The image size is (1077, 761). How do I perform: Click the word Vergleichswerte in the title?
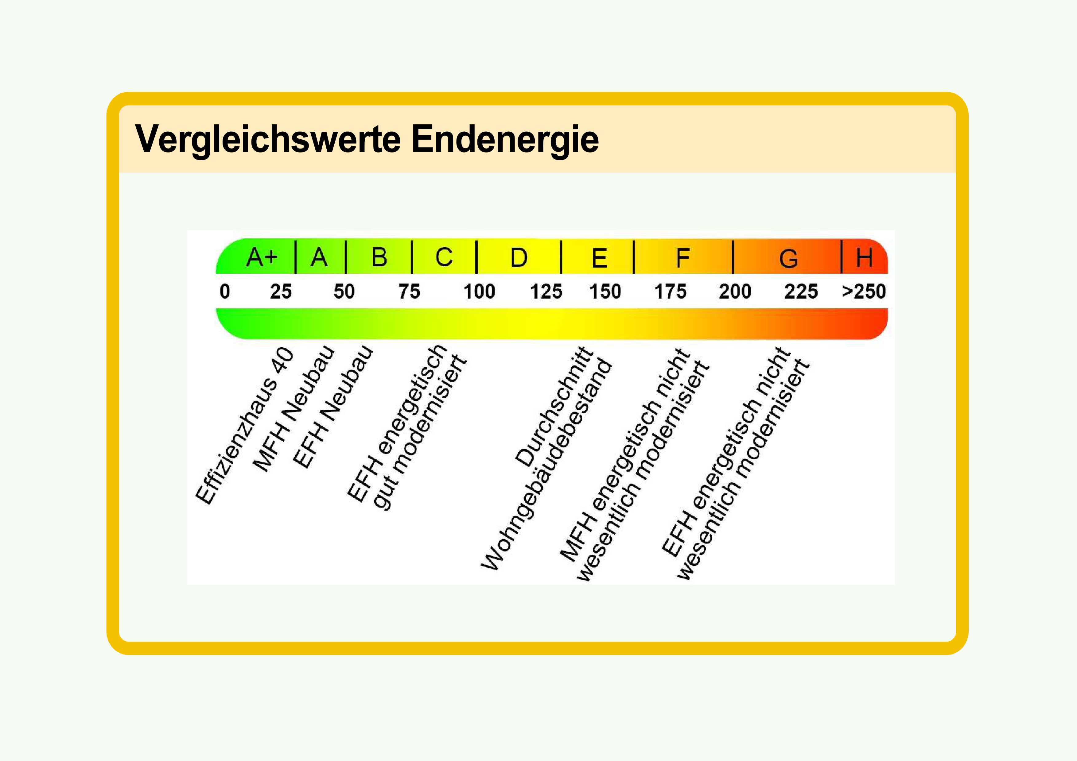[268, 139]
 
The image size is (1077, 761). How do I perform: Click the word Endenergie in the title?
[505, 139]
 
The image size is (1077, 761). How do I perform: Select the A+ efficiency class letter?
[262, 257]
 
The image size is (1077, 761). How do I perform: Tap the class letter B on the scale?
[379, 257]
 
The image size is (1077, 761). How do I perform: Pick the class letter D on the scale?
[519, 257]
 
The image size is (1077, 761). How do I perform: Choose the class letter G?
[788, 258]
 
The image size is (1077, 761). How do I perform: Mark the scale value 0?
[225, 291]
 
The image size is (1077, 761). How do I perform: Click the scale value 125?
[546, 291]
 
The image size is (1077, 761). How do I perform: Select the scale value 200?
[735, 291]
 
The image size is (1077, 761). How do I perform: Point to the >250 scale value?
[864, 291]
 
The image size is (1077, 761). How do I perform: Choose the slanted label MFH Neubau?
[294, 408]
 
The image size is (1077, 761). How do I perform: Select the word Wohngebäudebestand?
[546, 465]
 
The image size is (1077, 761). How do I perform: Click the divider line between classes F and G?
[733, 257]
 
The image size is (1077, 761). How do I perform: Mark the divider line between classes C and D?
[476, 257]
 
